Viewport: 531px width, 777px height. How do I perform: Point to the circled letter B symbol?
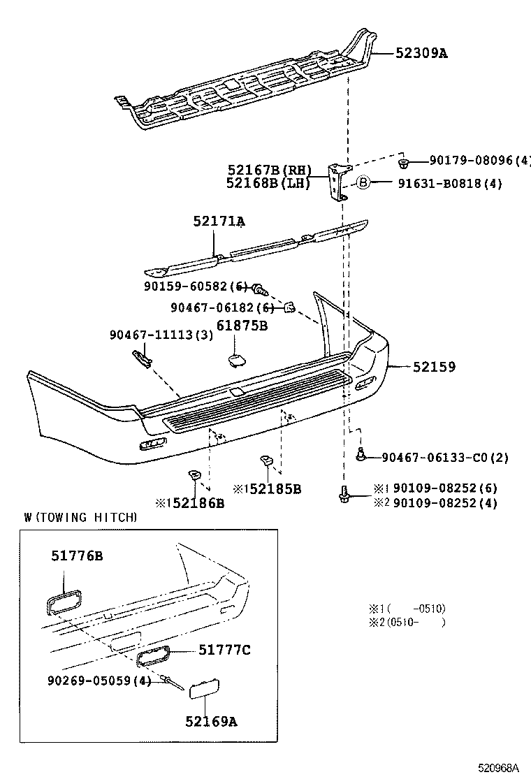tap(363, 183)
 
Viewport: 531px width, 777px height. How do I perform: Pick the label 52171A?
tap(219, 222)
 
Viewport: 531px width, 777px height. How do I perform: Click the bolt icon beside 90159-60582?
tap(259, 288)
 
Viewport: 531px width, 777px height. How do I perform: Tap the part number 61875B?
tap(242, 326)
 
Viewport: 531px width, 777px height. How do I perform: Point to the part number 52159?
tap(433, 366)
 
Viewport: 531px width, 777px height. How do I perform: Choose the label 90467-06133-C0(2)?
tap(445, 458)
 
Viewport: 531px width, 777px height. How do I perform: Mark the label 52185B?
tap(274, 489)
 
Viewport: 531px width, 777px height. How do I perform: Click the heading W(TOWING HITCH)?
tap(80, 518)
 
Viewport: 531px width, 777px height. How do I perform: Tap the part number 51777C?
tap(224, 651)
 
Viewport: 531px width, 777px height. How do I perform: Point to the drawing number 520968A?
tap(498, 767)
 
